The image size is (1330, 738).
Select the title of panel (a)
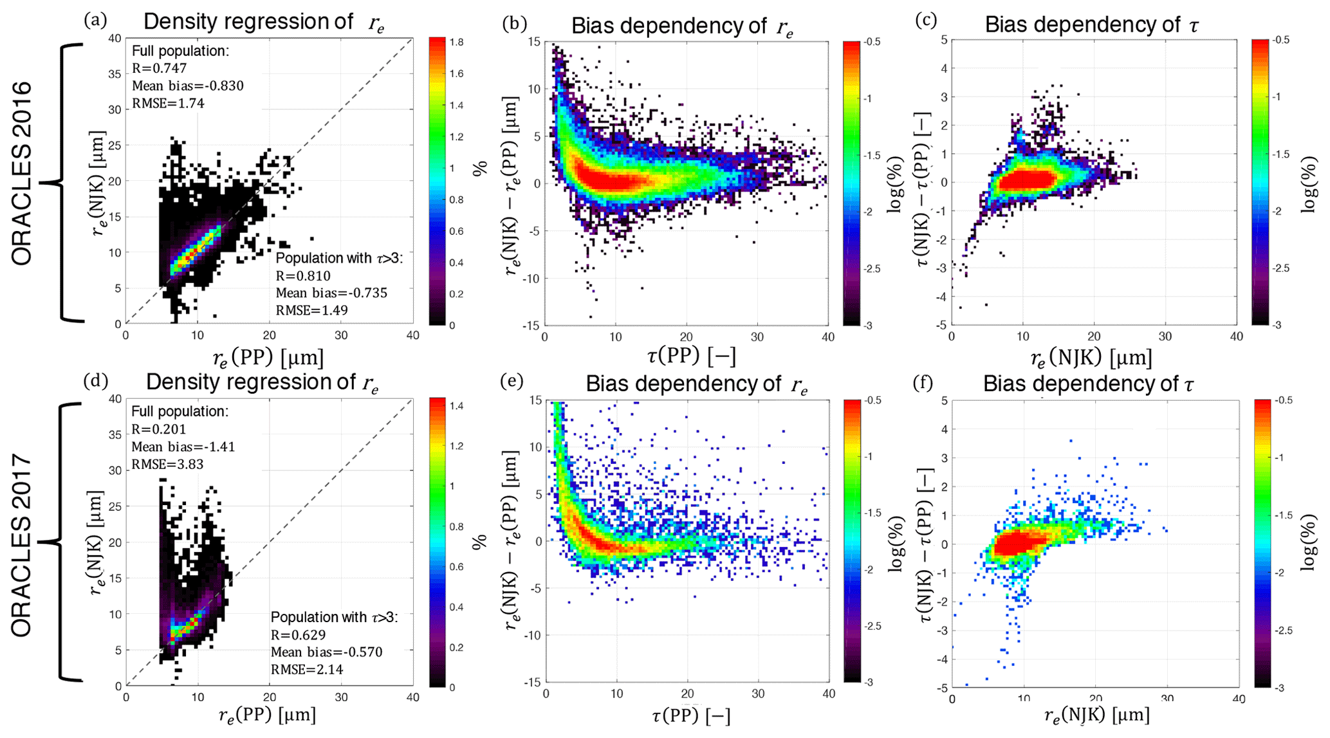tap(264, 22)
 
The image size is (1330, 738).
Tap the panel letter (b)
tap(514, 23)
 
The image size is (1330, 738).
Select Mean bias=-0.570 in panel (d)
tap(326, 652)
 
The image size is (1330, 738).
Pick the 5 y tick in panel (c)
tap(943, 39)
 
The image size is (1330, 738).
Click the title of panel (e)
tap(696, 384)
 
